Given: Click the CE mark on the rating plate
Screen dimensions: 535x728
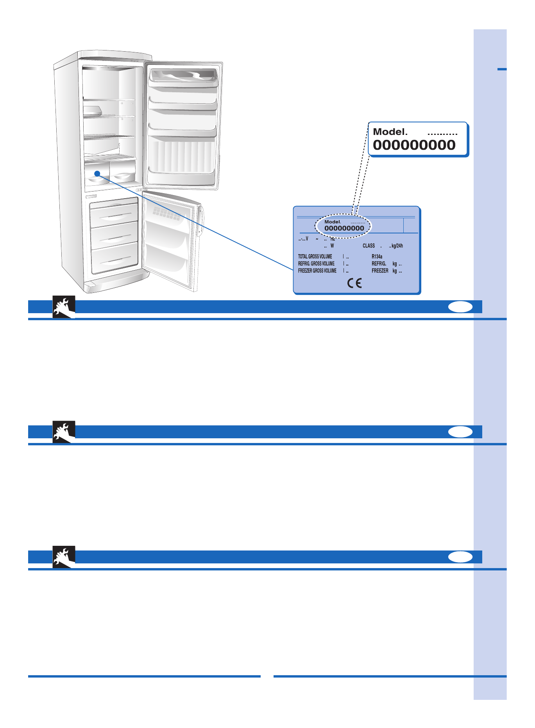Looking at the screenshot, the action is click(x=354, y=283).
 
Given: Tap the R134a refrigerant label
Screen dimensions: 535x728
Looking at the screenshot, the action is click(x=377, y=256).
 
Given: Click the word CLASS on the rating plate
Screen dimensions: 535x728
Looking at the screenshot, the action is click(x=369, y=246).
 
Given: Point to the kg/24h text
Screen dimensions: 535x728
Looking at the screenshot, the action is click(x=397, y=246).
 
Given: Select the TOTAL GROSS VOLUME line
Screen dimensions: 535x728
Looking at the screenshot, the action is click(x=315, y=256).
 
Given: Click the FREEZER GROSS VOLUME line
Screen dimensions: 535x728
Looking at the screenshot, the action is click(x=317, y=271).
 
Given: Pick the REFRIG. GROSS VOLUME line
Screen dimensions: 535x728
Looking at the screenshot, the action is click(x=316, y=264).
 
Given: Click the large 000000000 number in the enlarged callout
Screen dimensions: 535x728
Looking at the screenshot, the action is click(x=414, y=145).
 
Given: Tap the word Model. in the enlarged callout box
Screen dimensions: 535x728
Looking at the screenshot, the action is click(x=390, y=132).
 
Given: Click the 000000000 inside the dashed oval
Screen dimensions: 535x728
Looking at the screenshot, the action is click(x=344, y=228).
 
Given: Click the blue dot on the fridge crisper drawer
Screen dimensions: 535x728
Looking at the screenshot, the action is click(x=97, y=174).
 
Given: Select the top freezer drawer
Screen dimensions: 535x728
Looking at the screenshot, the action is click(x=114, y=213).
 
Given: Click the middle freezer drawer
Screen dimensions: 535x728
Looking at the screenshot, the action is click(x=115, y=235).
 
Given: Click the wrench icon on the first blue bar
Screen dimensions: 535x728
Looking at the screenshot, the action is click(x=64, y=307).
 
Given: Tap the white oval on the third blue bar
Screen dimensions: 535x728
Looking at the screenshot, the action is click(x=460, y=557).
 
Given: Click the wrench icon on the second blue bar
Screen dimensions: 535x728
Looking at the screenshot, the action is click(x=64, y=432).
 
